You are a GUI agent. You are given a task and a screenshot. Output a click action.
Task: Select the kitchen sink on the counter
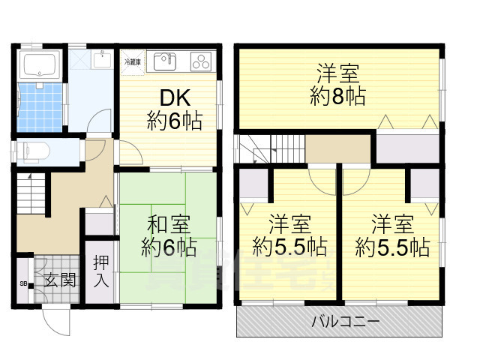(164, 59)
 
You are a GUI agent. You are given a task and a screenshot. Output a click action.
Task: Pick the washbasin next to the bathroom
(100, 60)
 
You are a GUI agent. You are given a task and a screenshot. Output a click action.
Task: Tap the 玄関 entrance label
(58, 281)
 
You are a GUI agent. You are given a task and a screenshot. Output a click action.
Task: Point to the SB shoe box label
(22, 283)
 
